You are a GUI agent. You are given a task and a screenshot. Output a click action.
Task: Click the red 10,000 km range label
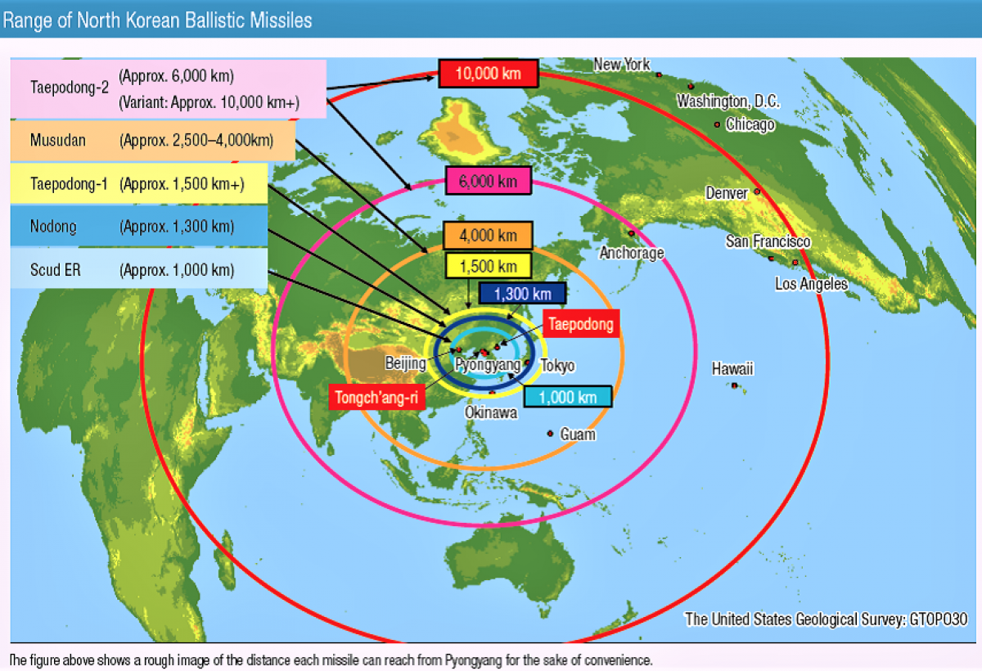pos(489,74)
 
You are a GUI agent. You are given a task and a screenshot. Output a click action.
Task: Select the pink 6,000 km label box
pos(489,181)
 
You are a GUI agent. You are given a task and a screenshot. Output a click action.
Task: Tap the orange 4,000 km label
pos(488,236)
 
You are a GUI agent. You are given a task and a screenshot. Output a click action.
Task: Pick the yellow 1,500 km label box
pos(488,266)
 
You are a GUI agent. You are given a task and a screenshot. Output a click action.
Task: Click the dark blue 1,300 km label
pos(521,294)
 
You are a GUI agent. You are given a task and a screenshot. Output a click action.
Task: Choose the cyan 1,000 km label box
pos(567,397)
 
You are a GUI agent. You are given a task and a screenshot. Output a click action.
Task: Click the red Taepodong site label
pos(580,324)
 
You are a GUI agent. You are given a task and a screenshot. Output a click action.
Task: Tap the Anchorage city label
pos(632,253)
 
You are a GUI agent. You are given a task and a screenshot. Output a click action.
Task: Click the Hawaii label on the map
pos(732,369)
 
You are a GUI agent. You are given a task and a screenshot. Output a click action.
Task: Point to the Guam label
pos(578,435)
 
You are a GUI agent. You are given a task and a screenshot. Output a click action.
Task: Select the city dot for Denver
pos(757,191)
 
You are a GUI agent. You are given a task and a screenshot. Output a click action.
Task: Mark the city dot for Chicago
pos(717,125)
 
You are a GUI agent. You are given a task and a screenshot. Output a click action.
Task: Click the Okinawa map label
pos(491,412)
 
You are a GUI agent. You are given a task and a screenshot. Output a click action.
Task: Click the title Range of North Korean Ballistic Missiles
pos(157,20)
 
